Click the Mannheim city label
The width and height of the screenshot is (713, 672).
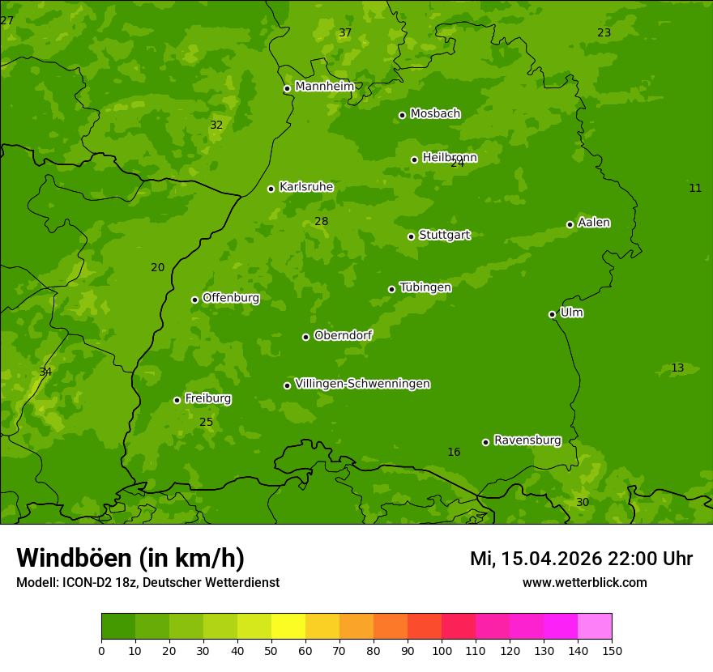(325, 87)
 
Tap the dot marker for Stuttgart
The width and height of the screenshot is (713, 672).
(411, 236)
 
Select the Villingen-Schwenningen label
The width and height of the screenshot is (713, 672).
(362, 384)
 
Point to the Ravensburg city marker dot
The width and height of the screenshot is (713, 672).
(485, 442)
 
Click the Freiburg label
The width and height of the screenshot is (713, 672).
(207, 398)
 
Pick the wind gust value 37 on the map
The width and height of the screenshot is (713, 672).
(345, 33)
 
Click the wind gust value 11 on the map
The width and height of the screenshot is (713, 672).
(695, 189)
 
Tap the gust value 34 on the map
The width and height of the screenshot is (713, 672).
(45, 372)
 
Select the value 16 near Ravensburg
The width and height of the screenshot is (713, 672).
(454, 453)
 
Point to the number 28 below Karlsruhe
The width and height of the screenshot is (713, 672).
(322, 222)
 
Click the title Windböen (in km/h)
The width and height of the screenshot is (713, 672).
(130, 558)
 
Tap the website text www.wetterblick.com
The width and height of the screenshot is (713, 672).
(584, 583)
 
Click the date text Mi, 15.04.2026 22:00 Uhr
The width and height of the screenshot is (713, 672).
(581, 559)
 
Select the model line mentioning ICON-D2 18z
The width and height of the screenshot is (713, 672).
(147, 583)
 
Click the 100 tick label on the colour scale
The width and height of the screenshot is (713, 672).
(442, 651)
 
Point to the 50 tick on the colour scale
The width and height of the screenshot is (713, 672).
(271, 651)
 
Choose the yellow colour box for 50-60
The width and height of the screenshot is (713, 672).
(288, 627)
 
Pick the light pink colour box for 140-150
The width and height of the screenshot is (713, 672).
(595, 627)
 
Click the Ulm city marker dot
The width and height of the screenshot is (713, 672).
(552, 314)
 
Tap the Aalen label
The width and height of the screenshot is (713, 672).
(594, 223)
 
